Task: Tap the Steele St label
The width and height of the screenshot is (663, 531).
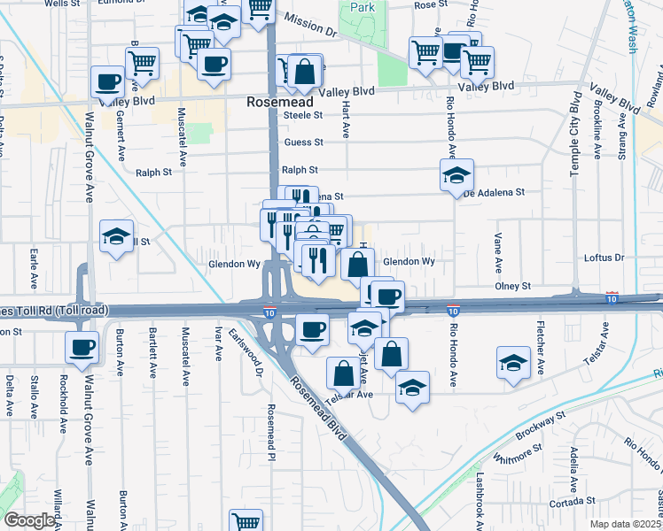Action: point(302,115)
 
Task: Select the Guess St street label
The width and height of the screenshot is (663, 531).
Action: point(302,142)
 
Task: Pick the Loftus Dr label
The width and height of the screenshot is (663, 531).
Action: point(606,258)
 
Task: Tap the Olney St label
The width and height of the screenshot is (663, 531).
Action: point(512,286)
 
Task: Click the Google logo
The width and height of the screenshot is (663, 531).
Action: point(29,520)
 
